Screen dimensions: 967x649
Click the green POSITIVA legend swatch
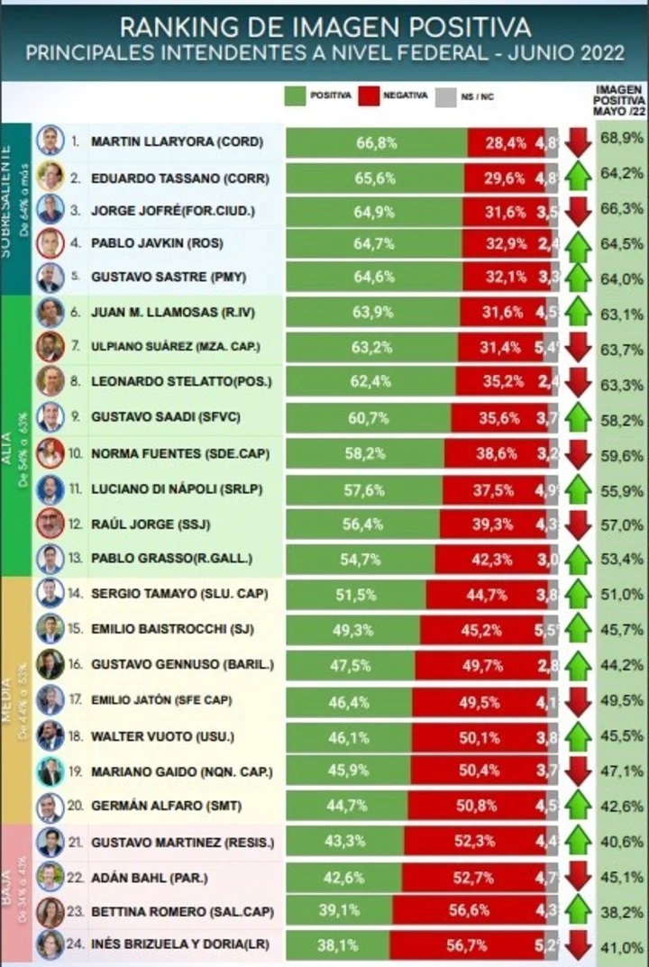(296, 96)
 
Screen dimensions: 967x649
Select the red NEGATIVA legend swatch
(369, 96)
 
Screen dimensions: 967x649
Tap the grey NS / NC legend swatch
(443, 96)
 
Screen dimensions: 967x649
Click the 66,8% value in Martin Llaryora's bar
(376, 141)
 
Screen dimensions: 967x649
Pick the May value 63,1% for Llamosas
(621, 314)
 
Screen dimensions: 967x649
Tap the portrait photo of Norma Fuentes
(50, 452)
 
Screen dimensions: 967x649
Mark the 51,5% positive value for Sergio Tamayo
(355, 594)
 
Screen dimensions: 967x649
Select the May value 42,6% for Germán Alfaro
(621, 806)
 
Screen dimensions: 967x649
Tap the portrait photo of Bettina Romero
(50, 910)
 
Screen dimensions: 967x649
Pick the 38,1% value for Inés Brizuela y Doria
(337, 946)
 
